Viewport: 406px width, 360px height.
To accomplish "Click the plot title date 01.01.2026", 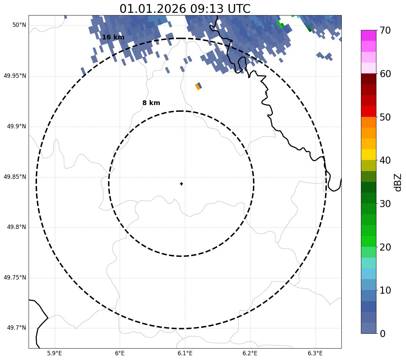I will point(152,9).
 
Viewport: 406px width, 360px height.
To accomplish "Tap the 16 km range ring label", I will point(113,37).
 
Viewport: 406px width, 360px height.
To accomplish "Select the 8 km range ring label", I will point(151,103).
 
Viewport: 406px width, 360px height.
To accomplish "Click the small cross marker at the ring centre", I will point(181,184).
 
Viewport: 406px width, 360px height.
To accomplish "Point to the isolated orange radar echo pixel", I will point(197,87).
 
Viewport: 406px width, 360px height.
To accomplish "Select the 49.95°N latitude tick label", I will point(15,76).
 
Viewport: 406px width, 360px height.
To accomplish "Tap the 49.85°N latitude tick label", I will point(15,177).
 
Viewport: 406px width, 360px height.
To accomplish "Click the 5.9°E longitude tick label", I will point(55,353).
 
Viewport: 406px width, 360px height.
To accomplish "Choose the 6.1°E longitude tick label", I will point(185,353).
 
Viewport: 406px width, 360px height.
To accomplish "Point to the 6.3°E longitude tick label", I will point(315,353).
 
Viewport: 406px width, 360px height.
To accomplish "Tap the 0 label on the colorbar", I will point(382,334).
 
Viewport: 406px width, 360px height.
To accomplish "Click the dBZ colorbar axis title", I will point(398,183).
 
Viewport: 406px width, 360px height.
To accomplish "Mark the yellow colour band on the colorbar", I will point(368,155).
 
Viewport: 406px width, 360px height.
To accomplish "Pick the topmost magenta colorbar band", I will point(368,35).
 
